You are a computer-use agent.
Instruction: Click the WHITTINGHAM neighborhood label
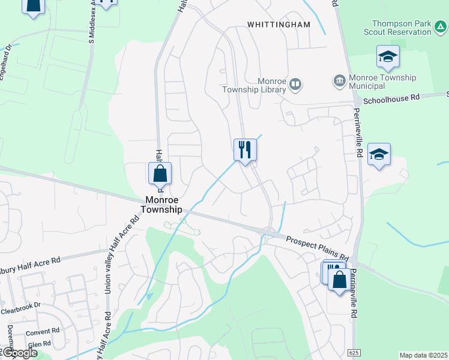coord(279,25)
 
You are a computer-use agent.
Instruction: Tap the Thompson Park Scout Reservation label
coord(409,28)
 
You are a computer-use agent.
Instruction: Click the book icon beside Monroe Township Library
coord(295,84)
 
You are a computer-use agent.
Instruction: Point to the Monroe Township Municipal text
coord(382,82)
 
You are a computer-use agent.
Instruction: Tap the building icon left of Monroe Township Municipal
coord(339,80)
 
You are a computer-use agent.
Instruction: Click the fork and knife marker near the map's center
coord(245,149)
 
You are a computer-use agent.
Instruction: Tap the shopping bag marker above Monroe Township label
coord(160,173)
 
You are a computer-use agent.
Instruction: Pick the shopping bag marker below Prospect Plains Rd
coord(339,280)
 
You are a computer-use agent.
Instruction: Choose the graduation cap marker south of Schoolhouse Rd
coord(379,155)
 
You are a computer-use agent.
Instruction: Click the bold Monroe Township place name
coord(161,205)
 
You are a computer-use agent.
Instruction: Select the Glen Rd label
coord(39,344)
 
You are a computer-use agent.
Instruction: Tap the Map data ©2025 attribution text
coord(423,355)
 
